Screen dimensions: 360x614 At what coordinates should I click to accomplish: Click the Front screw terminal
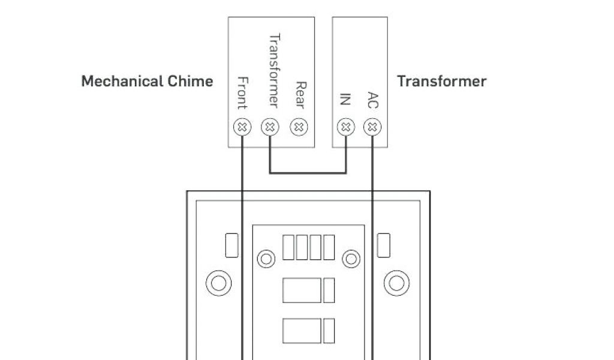242,127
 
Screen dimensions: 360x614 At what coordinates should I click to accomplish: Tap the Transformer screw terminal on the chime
270,127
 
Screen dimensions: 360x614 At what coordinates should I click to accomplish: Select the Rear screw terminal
299,127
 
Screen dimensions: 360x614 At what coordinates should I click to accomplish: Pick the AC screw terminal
373,127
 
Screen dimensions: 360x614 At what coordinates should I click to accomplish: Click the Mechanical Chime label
147,81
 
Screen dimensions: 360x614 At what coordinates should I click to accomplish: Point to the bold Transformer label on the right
441,81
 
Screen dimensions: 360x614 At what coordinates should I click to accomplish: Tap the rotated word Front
242,93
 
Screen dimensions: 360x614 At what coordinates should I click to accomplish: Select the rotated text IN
345,99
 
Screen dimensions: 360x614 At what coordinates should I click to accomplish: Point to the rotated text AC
373,100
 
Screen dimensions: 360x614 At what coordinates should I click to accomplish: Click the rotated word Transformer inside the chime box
273,70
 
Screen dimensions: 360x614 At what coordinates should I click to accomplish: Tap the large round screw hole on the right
396,282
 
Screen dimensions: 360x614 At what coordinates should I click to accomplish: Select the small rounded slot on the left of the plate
231,245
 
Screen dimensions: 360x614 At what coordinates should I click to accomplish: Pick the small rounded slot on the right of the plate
384,245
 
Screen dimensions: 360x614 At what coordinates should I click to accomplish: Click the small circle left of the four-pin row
266,259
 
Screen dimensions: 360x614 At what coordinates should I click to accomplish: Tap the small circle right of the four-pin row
350,259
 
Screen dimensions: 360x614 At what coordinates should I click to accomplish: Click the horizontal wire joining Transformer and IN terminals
308,173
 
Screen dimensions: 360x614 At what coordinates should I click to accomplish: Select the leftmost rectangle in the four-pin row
288,247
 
